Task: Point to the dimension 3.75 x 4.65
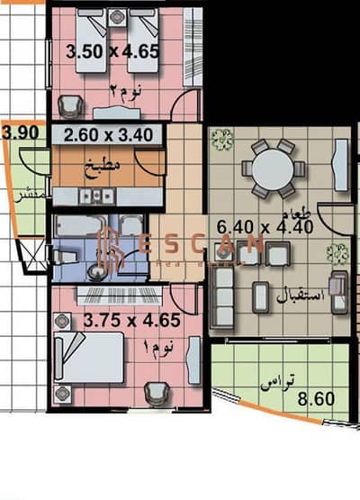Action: click(x=131, y=319)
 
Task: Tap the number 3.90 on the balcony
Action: click(x=20, y=132)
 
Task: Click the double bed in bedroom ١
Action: click(x=88, y=356)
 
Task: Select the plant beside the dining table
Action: click(x=220, y=140)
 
